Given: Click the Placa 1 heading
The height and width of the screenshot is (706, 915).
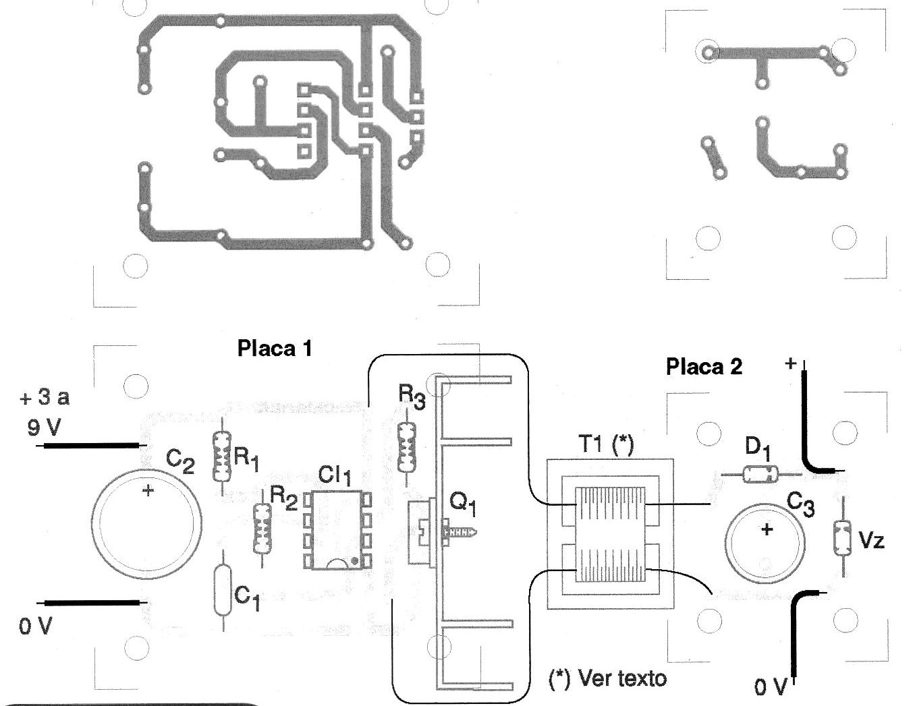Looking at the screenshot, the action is click(275, 348).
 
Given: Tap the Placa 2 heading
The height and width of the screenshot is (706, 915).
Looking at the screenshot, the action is click(704, 366).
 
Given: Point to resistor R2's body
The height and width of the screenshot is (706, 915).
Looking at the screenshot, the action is click(262, 529).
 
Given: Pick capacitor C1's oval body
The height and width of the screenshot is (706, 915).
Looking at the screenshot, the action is click(223, 591).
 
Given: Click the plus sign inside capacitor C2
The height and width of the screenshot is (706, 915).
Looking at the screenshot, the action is click(148, 490).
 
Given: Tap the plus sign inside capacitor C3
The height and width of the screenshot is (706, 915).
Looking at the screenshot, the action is click(767, 529).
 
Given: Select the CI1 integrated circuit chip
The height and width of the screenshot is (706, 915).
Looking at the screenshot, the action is click(337, 530).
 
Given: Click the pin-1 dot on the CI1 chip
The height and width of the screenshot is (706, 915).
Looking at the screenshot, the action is click(355, 560).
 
